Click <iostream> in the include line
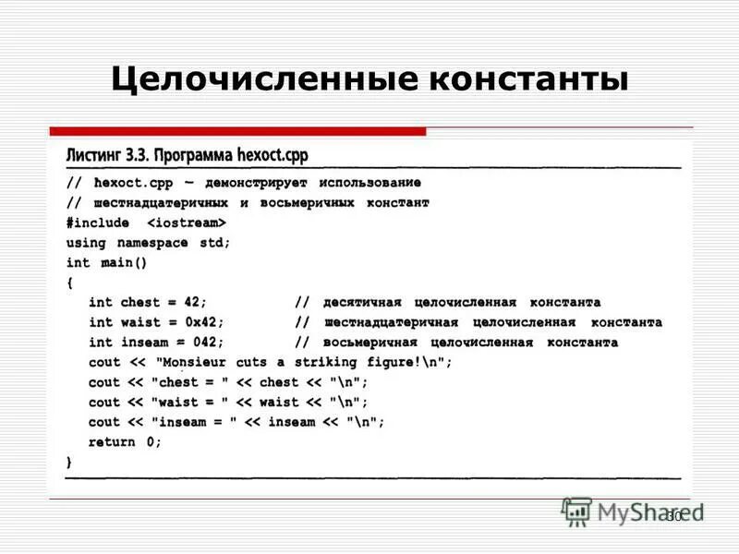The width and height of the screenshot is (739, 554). (x=186, y=223)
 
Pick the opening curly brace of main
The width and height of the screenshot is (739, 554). (x=69, y=282)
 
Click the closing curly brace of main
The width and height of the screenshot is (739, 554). (x=69, y=461)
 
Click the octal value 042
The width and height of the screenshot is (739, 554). (x=209, y=343)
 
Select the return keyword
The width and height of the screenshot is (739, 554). (x=112, y=441)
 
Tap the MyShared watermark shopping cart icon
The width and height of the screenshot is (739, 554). (x=577, y=511)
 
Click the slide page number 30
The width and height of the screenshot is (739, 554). (x=673, y=516)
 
